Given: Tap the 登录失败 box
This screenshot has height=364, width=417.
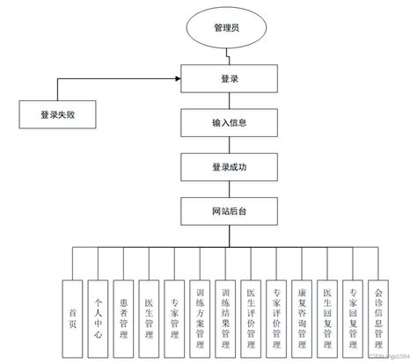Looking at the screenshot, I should pyautogui.click(x=57, y=113).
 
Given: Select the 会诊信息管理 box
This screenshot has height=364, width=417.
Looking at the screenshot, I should pyautogui.click(x=378, y=317).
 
